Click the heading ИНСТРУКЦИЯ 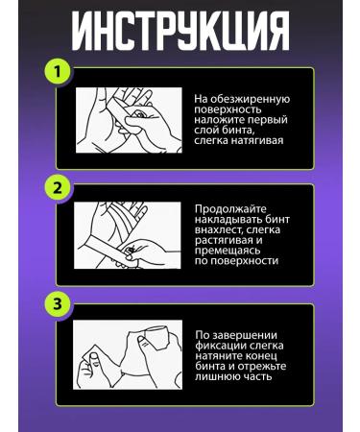[x=180, y=31]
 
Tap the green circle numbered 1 [x=58, y=71]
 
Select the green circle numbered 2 [x=58, y=188]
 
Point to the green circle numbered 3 [x=58, y=303]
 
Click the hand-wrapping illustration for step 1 [x=129, y=120]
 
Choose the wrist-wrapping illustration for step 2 [x=128, y=235]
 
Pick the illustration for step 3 [x=128, y=354]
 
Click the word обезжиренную [x=250, y=100]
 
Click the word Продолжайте [x=230, y=209]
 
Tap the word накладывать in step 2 [x=228, y=220]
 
